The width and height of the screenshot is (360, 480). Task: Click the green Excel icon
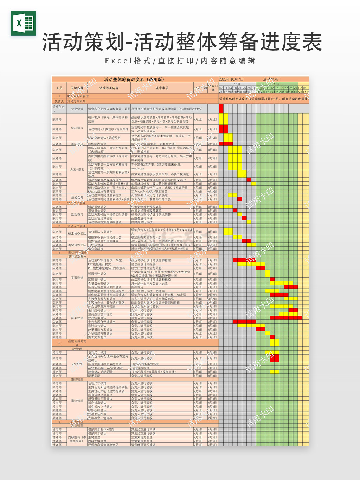(23, 23)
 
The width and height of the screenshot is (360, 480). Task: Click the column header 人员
(59, 88)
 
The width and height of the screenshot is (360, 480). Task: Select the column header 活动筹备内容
(109, 88)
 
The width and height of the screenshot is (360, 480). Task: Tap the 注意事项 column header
(162, 88)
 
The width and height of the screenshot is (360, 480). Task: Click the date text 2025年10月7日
(231, 79)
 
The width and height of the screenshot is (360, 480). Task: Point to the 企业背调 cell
(77, 109)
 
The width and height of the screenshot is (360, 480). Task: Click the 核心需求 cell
(77, 128)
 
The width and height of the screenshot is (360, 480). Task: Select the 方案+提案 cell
(77, 170)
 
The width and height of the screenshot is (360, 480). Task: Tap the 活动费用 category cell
(77, 214)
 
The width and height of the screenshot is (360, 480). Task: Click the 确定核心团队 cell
(77, 233)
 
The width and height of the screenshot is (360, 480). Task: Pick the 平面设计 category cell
(77, 278)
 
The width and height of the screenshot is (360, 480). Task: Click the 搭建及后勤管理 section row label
(77, 343)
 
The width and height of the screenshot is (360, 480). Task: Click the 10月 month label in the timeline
(237, 84)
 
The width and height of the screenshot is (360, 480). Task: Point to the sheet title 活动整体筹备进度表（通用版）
(134, 79)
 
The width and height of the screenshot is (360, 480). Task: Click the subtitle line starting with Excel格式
(180, 61)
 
